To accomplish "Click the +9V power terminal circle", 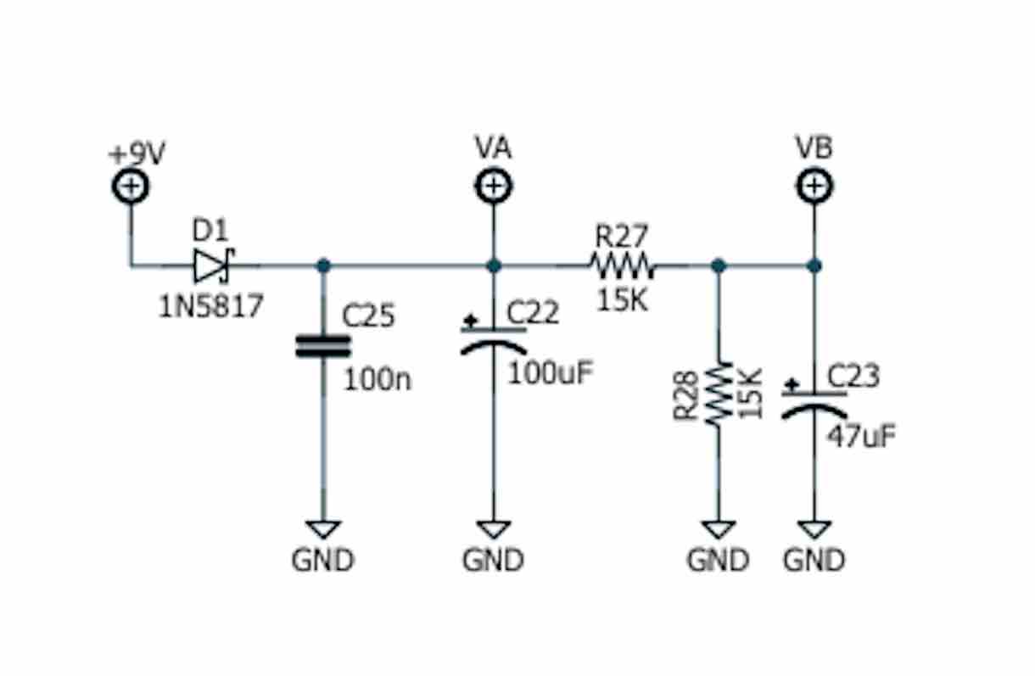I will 131,187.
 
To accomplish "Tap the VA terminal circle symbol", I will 493,186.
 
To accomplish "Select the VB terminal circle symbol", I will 814,186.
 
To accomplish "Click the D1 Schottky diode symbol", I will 212,265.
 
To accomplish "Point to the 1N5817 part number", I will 211,305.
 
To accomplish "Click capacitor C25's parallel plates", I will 322,345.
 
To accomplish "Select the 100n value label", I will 377,379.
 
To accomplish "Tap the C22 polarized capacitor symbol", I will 493,339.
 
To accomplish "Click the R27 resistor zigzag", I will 623,265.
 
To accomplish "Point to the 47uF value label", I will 861,436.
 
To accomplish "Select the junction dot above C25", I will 322,265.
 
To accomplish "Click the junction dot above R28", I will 719,265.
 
